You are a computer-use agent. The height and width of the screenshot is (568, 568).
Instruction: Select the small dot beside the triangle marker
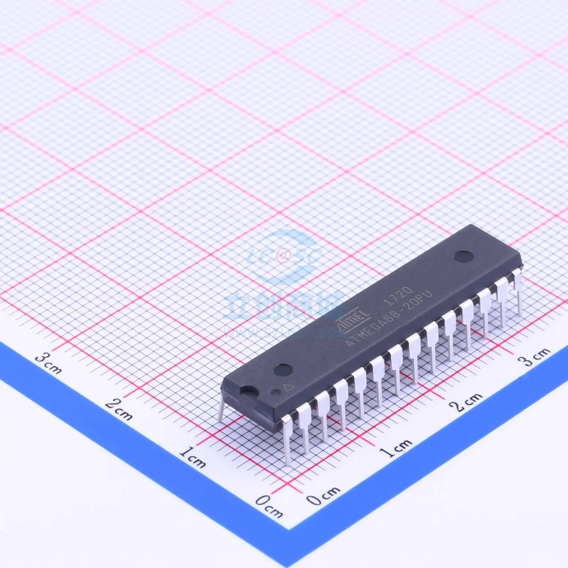point(275,392)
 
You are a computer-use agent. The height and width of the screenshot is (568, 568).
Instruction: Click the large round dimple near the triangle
point(283,370)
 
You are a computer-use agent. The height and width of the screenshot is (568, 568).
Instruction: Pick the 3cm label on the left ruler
point(49,363)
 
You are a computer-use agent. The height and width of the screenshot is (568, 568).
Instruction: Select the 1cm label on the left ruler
point(192,457)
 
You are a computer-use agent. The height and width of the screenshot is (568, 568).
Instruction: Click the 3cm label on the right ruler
point(534,356)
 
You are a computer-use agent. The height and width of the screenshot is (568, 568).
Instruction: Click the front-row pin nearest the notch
point(286,440)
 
